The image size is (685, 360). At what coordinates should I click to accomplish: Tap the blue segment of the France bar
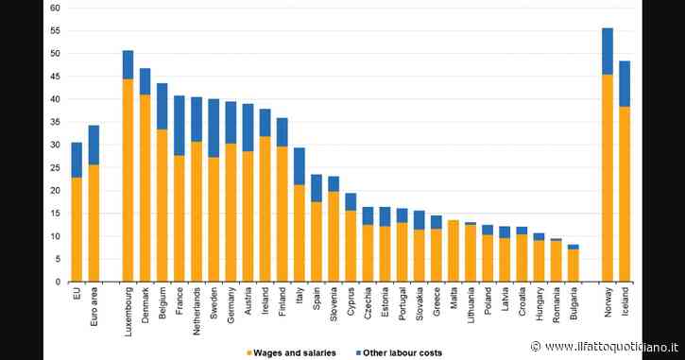(x=180, y=126)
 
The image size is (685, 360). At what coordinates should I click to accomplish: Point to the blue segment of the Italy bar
(x=299, y=165)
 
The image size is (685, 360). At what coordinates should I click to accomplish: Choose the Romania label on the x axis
(x=557, y=303)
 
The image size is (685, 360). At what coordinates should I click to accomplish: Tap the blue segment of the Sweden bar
(x=214, y=128)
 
